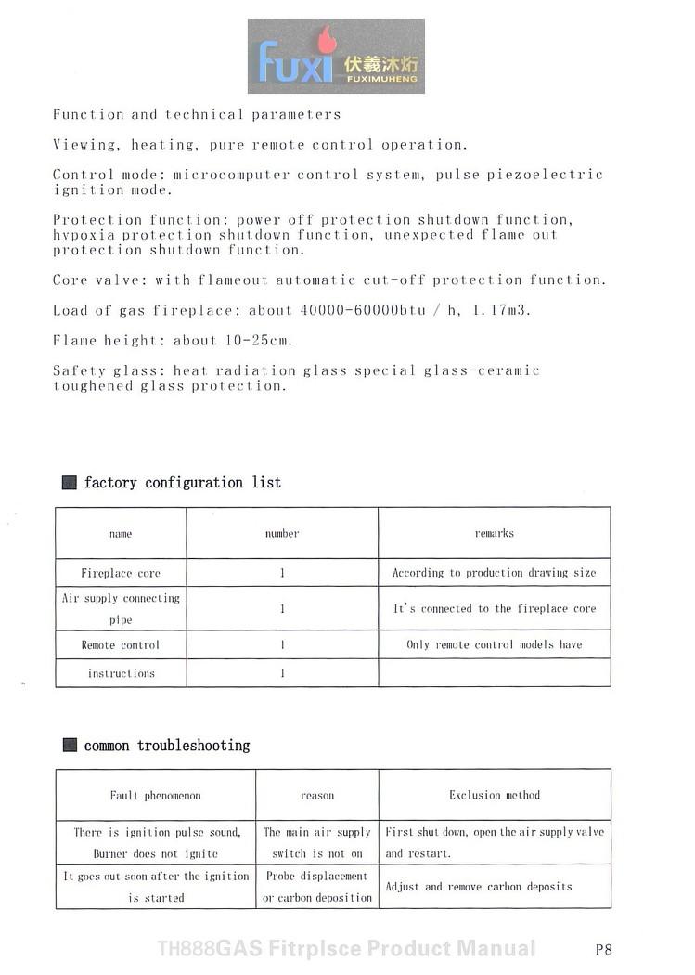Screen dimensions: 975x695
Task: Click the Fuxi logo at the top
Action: pyautogui.click(x=336, y=56)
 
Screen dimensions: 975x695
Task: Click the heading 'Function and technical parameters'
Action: pyautogui.click(x=197, y=115)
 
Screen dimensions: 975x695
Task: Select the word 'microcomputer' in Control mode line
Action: pyautogui.click(x=231, y=175)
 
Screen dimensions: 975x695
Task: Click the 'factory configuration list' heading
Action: pyautogui.click(x=182, y=483)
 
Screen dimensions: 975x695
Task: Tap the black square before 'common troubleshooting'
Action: pyautogui.click(x=70, y=745)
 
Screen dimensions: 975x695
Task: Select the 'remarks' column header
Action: pyautogui.click(x=494, y=533)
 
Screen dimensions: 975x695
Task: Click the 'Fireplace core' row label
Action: pyautogui.click(x=121, y=573)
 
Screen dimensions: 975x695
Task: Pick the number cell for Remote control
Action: pyautogui.click(x=282, y=644)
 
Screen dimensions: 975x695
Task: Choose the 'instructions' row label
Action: pyautogui.click(x=121, y=673)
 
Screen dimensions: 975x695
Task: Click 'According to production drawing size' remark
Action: pyautogui.click(x=494, y=573)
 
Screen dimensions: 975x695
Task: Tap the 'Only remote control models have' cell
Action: pyautogui.click(x=494, y=644)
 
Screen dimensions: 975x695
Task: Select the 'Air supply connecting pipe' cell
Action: pyautogui.click(x=121, y=609)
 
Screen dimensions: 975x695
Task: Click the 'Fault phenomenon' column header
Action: pyautogui.click(x=155, y=796)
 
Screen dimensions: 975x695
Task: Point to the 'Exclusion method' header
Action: pyautogui.click(x=494, y=795)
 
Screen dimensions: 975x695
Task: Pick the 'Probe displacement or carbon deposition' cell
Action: pyautogui.click(x=317, y=887)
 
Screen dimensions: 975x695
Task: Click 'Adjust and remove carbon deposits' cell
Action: pyautogui.click(x=479, y=887)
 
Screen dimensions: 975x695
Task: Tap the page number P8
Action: pyautogui.click(x=603, y=949)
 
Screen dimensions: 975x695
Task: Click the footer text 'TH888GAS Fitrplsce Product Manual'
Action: pyautogui.click(x=346, y=949)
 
